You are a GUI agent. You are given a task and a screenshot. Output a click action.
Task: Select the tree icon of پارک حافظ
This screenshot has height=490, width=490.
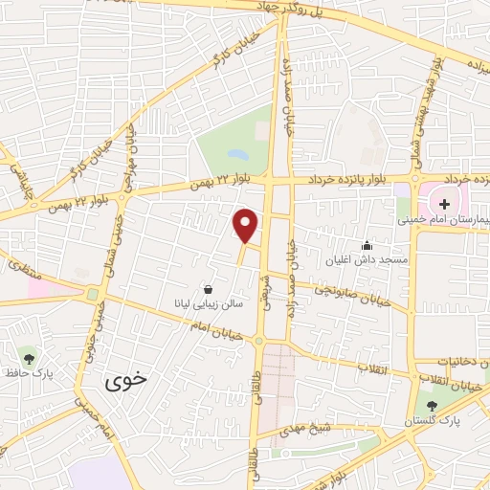(x=29, y=359)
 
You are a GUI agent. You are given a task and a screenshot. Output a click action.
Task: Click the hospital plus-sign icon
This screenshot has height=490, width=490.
(x=444, y=203)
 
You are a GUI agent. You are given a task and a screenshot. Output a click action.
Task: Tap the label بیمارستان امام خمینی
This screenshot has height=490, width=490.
(x=446, y=219)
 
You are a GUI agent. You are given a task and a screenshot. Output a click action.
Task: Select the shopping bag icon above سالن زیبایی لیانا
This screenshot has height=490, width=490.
(x=209, y=288)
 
